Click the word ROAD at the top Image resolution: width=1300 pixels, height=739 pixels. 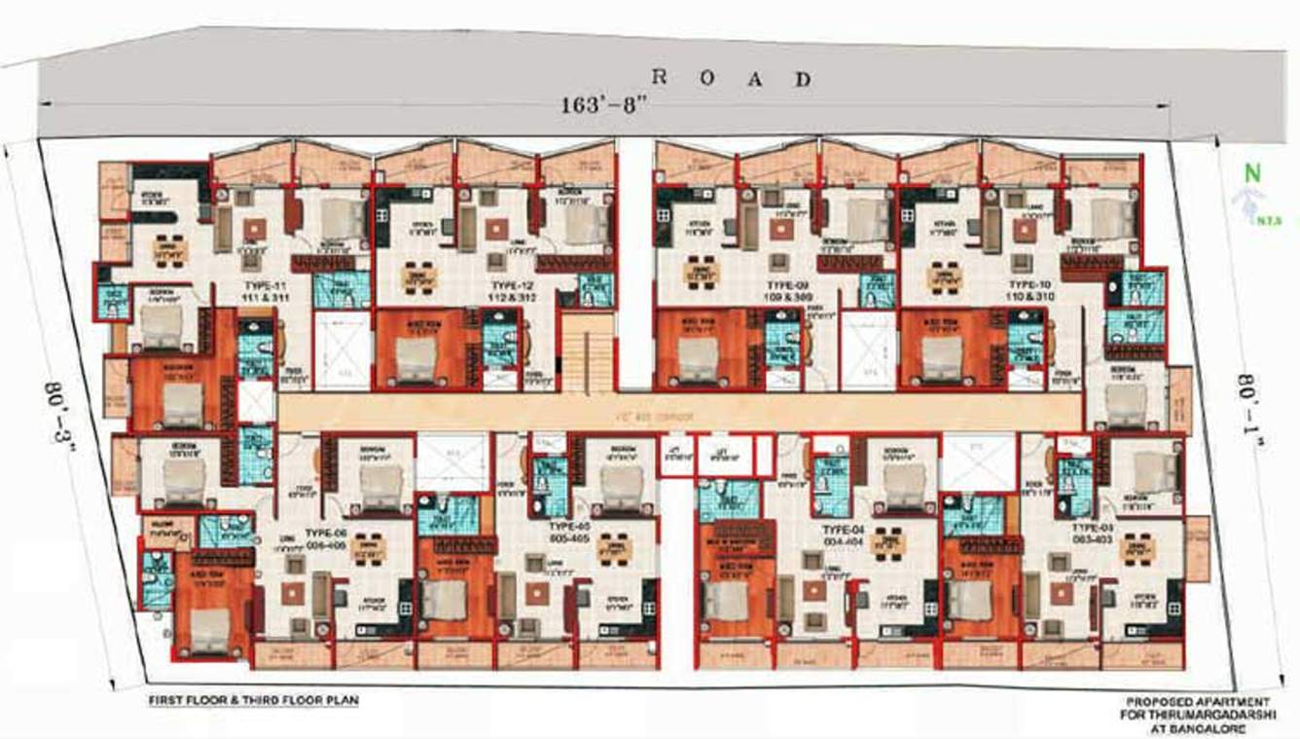731,79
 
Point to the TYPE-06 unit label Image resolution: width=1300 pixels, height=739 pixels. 325,534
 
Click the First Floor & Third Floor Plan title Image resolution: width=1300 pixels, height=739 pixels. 252,700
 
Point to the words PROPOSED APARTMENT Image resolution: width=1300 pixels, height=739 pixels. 1198,701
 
